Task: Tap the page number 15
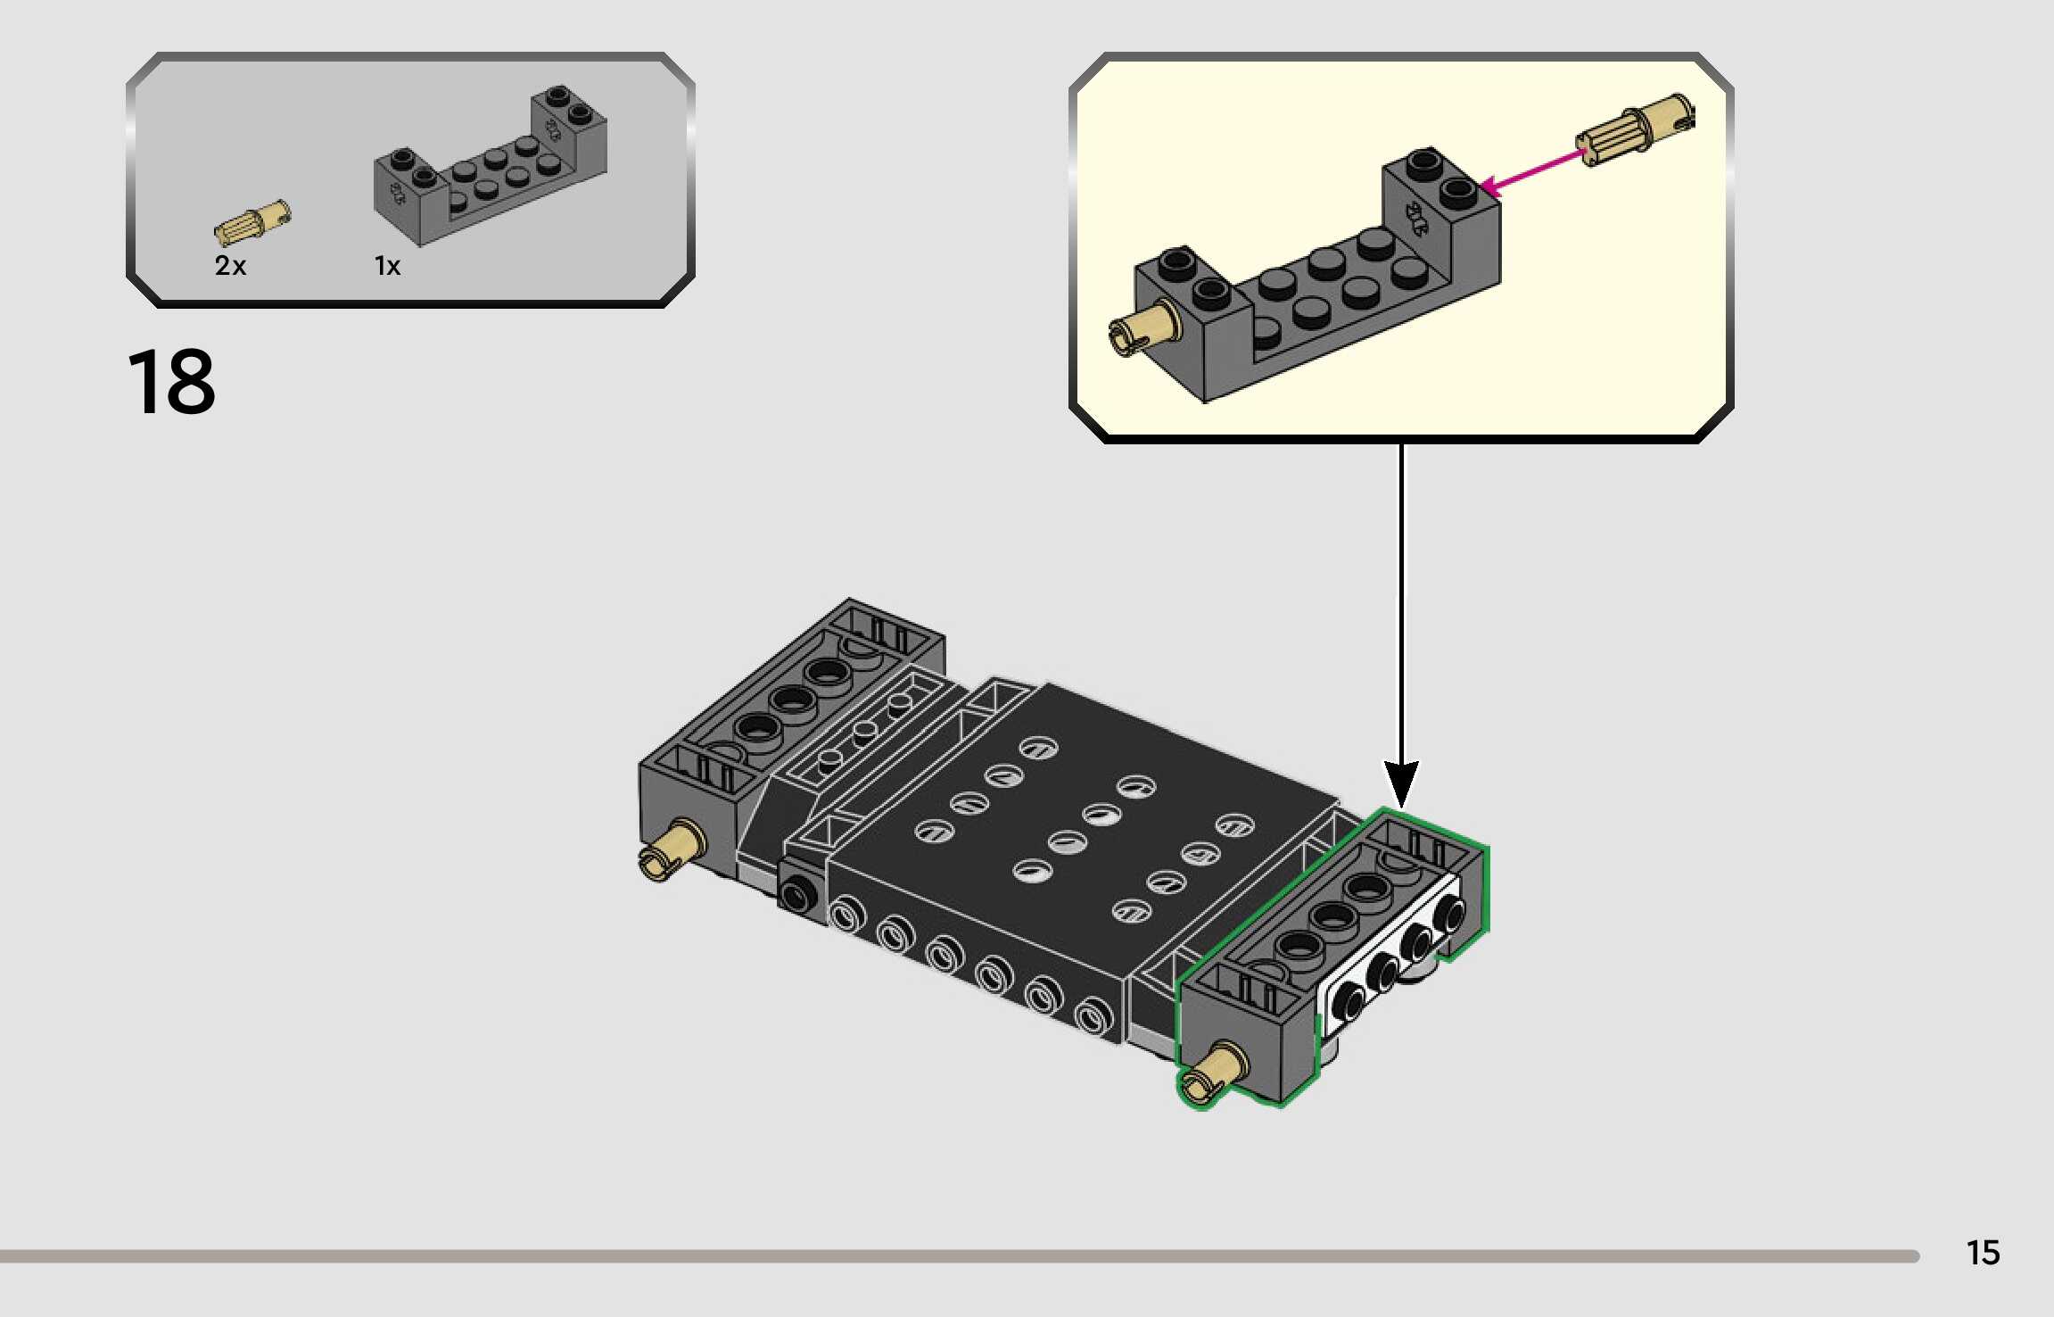click(1983, 1253)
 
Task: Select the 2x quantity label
click(230, 265)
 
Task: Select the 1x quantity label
click(387, 266)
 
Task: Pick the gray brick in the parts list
click(491, 170)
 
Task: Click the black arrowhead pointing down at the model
click(1400, 783)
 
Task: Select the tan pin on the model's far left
click(672, 849)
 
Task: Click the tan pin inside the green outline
click(1213, 1073)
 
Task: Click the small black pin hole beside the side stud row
click(796, 892)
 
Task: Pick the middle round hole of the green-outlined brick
click(1332, 916)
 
